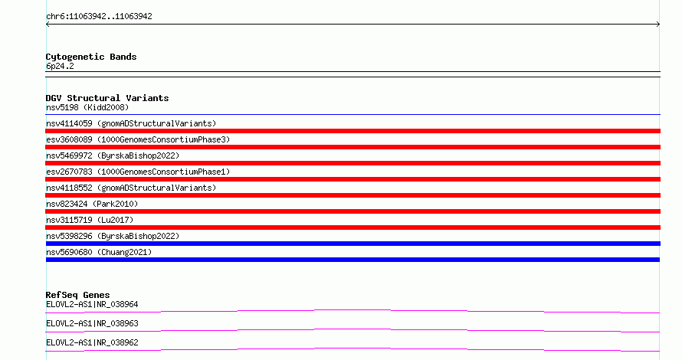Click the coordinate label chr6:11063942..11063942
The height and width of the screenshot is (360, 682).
pos(99,17)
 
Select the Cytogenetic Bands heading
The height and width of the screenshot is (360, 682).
pos(91,57)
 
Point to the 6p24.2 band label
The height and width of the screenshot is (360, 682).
pos(60,66)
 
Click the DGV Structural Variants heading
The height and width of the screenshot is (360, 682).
pos(107,98)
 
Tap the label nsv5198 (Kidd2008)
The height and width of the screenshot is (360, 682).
pos(87,107)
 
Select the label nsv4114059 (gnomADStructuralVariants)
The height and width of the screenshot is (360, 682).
pos(131,123)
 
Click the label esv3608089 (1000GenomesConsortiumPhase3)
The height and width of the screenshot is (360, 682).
pos(138,139)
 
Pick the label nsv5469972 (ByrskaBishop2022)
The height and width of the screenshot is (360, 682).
pos(113,155)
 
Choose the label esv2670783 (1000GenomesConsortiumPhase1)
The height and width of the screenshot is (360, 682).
pos(138,172)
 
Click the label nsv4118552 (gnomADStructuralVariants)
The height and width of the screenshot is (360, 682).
pos(131,188)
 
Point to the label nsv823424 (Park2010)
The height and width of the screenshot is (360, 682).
pos(92,204)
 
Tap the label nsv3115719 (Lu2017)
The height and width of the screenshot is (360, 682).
pos(90,220)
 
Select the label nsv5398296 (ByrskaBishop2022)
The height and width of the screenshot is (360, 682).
pos(113,236)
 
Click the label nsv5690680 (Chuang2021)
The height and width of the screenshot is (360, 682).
pos(99,252)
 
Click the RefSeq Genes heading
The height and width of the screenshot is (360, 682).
pos(77,295)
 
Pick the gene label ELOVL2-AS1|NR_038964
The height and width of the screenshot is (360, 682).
pos(92,304)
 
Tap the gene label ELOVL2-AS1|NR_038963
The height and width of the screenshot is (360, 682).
pos(92,323)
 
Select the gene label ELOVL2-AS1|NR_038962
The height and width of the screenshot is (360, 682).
pos(92,342)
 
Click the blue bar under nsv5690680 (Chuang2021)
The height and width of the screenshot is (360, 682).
pos(352,260)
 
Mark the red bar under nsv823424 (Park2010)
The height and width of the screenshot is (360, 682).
pos(353,211)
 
